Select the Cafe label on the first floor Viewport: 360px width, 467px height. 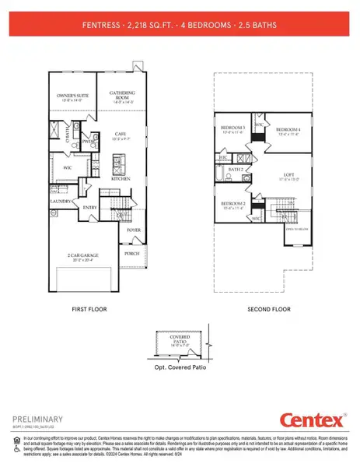120,134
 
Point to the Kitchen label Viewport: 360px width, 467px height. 120,178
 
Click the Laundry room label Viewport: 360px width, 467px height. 62,201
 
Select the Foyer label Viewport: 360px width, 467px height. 134,230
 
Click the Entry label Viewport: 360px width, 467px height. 90,207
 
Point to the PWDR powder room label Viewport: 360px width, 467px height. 88,142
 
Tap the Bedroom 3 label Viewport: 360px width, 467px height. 232,128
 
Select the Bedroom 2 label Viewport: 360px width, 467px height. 232,204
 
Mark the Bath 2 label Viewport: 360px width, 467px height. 237,169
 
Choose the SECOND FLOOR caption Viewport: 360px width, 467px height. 268,308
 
